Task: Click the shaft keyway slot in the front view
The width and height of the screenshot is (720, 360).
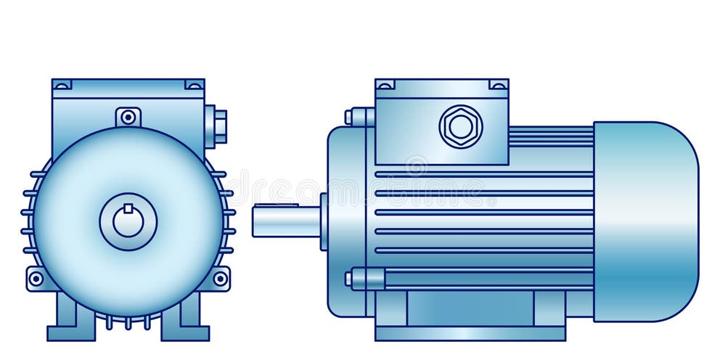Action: pos(128,209)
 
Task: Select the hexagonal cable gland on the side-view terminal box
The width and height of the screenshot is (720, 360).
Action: pos(461,126)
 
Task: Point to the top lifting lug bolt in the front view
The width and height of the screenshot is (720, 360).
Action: pos(128,116)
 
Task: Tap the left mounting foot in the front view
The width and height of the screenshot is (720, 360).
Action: pos(71,323)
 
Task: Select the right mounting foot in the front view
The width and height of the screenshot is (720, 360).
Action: pos(185,323)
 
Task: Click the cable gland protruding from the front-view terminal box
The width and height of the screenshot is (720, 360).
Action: pos(217,126)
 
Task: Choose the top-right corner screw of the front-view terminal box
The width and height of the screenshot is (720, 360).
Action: pos(194,85)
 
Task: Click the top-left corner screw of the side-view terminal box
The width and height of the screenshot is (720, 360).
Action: pos(385,85)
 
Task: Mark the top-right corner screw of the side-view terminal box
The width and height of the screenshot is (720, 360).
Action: pos(499,85)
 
